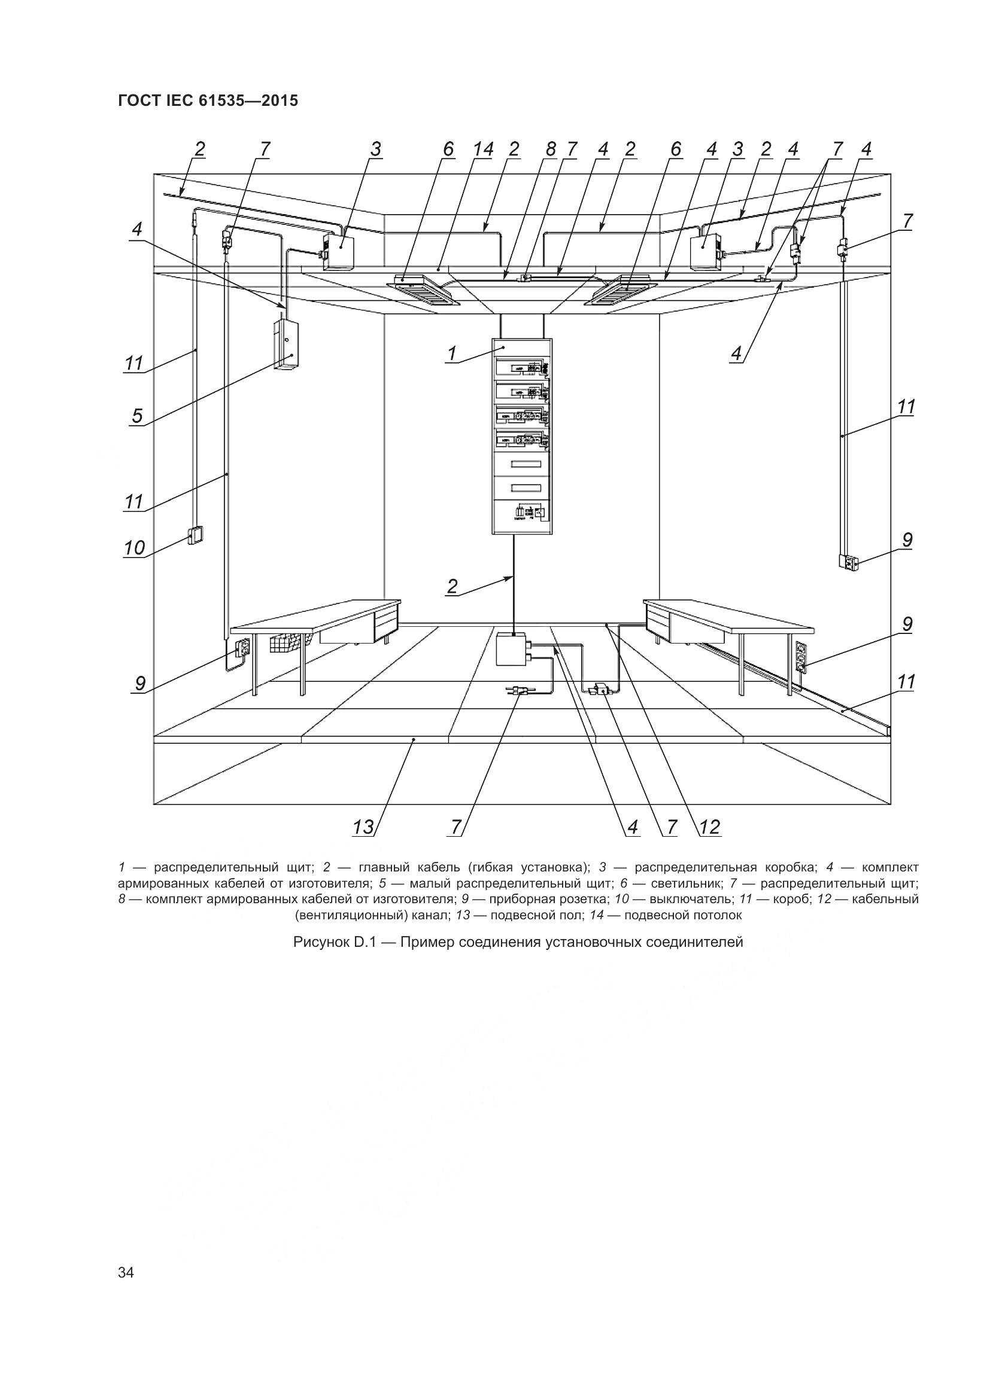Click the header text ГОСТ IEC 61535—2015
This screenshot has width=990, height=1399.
point(208,100)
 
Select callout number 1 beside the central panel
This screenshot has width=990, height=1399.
point(453,353)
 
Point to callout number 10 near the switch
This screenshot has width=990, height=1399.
point(135,548)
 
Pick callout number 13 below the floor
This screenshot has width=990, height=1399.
point(363,827)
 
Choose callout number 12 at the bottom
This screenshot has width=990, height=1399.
point(710,827)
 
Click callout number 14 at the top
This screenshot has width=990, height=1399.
point(483,150)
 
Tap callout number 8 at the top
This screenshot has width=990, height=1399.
point(551,150)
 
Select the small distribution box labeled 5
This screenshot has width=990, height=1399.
point(286,345)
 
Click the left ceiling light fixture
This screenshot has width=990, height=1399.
point(424,290)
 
